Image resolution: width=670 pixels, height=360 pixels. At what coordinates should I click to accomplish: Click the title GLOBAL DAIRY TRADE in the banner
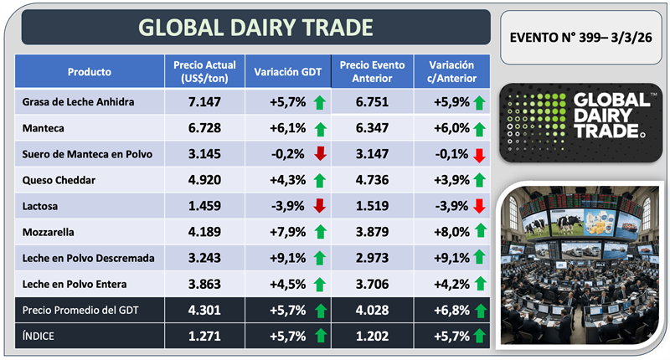[x=255, y=27]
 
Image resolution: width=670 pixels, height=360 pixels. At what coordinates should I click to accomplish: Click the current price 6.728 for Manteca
[x=204, y=129]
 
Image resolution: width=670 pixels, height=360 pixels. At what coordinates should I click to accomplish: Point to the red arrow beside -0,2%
[x=320, y=155]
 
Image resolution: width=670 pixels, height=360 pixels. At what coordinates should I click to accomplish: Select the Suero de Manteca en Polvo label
[x=83, y=155]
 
